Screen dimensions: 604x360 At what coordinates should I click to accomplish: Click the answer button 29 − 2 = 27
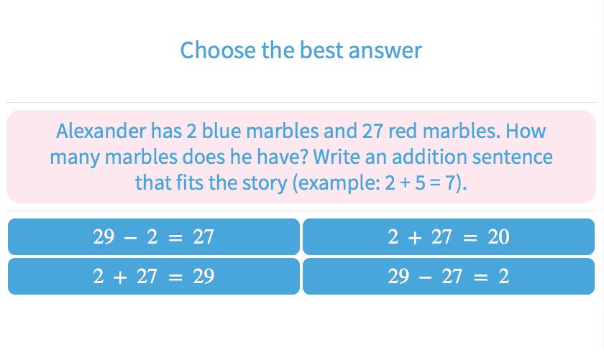tap(154, 236)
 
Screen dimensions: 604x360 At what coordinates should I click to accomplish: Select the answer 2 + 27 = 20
tap(449, 236)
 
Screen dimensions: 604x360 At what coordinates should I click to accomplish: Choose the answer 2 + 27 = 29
tap(154, 276)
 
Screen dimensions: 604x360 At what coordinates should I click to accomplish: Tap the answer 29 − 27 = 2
tap(449, 276)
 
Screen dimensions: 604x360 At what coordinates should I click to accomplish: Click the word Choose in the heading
tap(218, 50)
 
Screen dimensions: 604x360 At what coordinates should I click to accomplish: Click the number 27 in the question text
tap(372, 131)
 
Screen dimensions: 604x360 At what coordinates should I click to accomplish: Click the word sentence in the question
tap(513, 157)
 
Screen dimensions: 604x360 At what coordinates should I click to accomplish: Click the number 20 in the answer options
tap(498, 236)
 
